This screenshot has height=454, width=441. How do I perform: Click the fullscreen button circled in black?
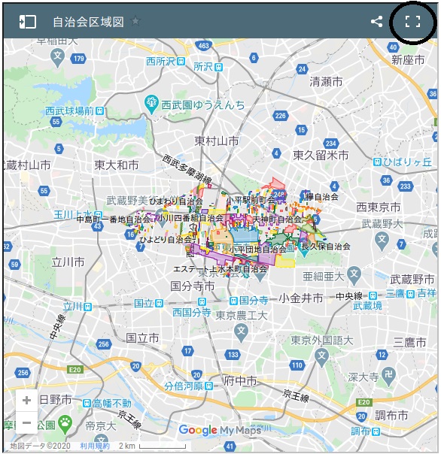pos(412,22)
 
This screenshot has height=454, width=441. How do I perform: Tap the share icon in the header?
pos(376,22)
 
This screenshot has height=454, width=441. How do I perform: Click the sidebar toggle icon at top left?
pos(27,22)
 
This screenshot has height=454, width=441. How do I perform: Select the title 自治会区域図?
pos(88,22)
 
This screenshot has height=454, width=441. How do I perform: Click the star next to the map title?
pos(135,21)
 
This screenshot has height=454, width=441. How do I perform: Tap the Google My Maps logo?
pos(220,431)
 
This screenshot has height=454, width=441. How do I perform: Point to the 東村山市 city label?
pos(217,141)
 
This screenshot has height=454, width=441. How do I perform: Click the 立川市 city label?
pos(68,262)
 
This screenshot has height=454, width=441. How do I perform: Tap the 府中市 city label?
pos(242,381)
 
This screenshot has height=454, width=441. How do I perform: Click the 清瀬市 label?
pos(326,81)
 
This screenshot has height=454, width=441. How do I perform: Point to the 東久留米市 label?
pos(321,155)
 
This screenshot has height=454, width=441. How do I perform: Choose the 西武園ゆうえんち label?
pos(202,104)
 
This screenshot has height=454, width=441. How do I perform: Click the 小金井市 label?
pos(301,298)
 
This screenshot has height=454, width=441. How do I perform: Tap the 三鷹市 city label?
pos(409,343)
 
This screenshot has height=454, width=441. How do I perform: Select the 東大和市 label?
pos(117,165)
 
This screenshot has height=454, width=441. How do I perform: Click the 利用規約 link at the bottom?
pos(95,446)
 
